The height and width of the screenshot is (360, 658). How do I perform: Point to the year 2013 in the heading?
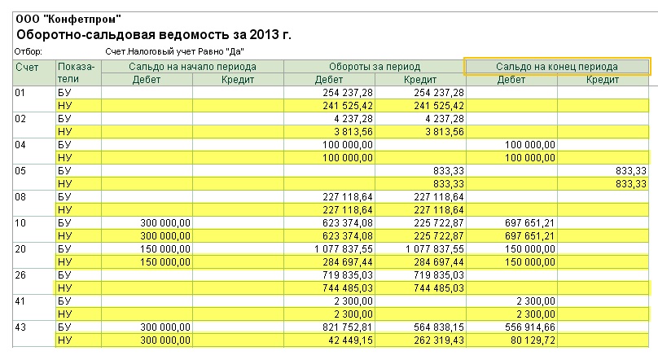264,34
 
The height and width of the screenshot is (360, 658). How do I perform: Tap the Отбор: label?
29,51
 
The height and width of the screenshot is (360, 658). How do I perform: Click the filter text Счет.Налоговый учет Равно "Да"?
174,51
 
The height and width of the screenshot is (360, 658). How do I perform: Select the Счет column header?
27,67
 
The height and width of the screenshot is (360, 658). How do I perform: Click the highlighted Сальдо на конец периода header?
557,67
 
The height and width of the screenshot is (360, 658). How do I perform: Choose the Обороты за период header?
375,67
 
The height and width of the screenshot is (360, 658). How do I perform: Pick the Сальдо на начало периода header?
192,67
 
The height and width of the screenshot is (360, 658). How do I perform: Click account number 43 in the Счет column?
20,327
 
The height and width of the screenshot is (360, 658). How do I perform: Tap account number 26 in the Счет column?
20,274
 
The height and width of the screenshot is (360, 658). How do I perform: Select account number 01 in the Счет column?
20,93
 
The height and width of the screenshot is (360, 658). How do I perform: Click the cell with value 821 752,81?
348,327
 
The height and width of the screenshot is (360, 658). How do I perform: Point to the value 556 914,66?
530,327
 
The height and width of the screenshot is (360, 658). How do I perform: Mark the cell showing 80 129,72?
533,340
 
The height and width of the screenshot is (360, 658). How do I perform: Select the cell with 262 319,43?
439,340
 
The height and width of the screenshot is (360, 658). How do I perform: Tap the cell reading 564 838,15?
439,327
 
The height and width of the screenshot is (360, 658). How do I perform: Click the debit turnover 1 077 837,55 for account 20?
344,248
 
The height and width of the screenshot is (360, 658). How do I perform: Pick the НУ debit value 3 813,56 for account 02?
353,132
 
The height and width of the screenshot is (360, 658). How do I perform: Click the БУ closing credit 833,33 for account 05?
631,171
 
